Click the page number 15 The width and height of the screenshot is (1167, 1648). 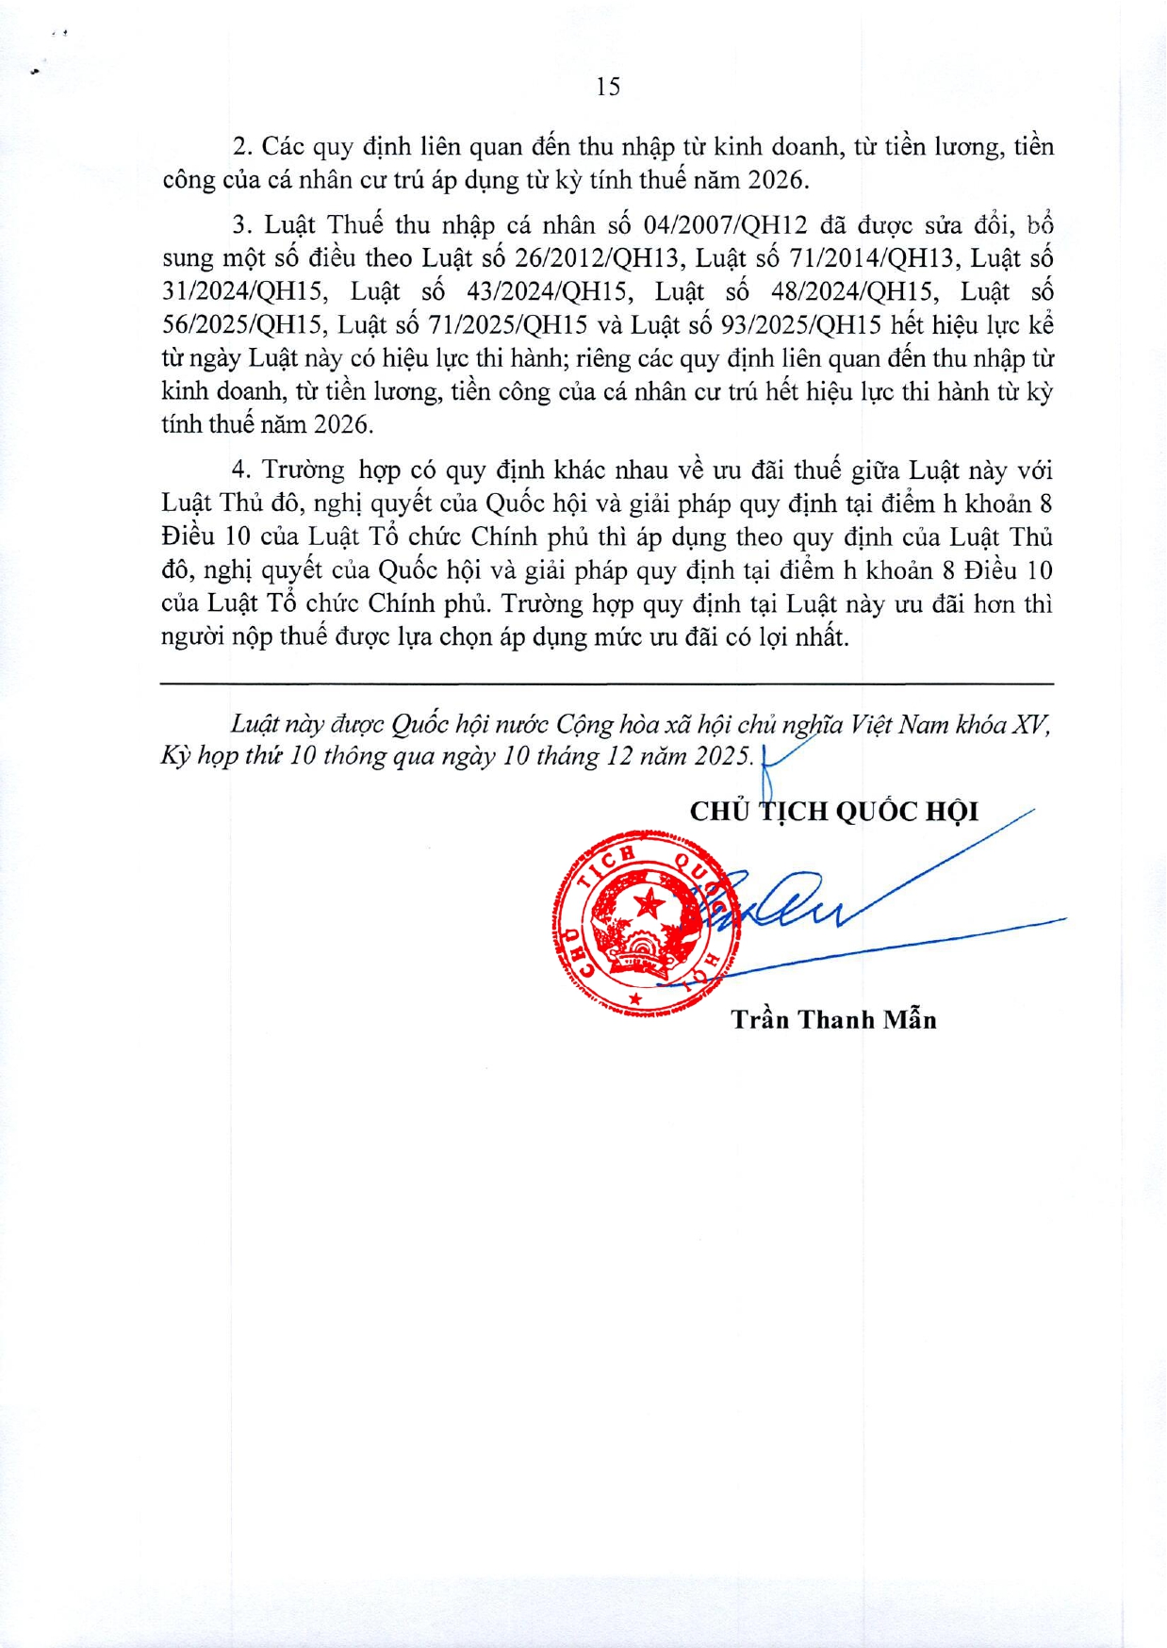[608, 87]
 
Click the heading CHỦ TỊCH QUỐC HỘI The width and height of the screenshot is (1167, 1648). [833, 811]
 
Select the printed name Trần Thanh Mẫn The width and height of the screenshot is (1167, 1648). [833, 1019]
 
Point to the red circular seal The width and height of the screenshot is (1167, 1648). [646, 924]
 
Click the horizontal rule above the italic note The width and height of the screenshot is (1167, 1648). [607, 684]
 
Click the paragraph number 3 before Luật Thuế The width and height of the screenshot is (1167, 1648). [242, 225]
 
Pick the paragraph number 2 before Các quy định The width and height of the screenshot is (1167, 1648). [242, 147]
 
